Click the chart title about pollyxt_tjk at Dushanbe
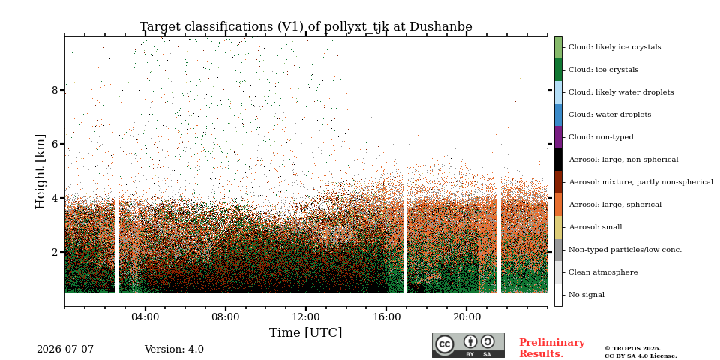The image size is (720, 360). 306,27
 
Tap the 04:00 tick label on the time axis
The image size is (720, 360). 145,317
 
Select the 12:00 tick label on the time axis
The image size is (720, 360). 306,317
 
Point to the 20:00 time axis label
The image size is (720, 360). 467,317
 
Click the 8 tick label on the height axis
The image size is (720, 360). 55,90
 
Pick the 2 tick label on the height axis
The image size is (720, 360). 55,252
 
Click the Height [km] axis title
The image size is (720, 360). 40,172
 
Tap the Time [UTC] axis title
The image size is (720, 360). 306,332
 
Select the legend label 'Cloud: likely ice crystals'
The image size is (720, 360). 615,47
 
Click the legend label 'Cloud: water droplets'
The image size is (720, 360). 610,115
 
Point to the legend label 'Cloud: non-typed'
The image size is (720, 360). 601,137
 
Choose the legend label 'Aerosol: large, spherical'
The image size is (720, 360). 615,205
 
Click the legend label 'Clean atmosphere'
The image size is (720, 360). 603,272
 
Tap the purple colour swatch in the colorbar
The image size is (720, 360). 558,137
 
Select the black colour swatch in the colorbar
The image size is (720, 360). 558,160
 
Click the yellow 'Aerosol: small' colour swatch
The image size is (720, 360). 558,227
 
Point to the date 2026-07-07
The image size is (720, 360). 65,349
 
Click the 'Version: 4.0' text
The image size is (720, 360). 174,349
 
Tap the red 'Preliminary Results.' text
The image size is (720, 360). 552,347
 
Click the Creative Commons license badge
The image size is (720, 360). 468,345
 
